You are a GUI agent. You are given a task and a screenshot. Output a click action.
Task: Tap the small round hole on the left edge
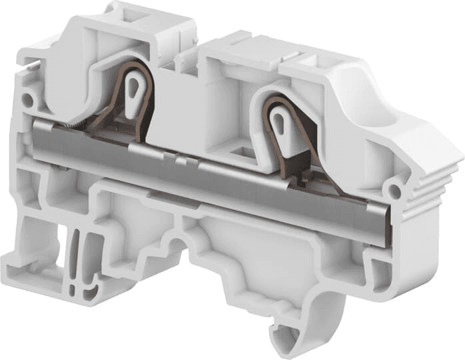[x=27, y=101]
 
